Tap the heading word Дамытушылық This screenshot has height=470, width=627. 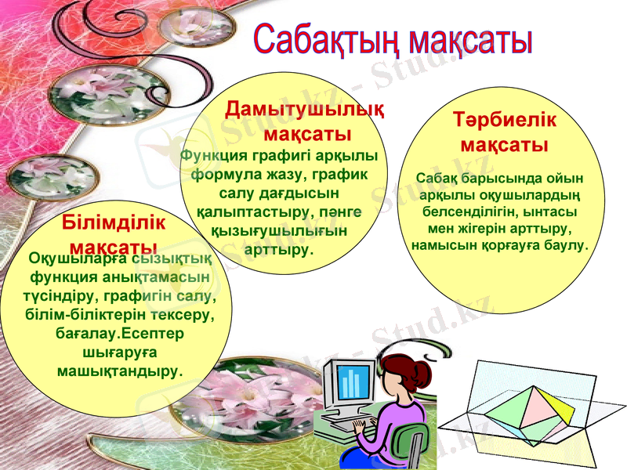click(x=304, y=110)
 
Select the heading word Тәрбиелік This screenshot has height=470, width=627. click(x=505, y=121)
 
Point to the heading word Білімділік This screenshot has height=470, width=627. click(x=114, y=222)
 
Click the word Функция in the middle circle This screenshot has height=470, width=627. click(x=208, y=155)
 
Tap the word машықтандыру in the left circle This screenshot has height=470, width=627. click(x=118, y=370)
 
